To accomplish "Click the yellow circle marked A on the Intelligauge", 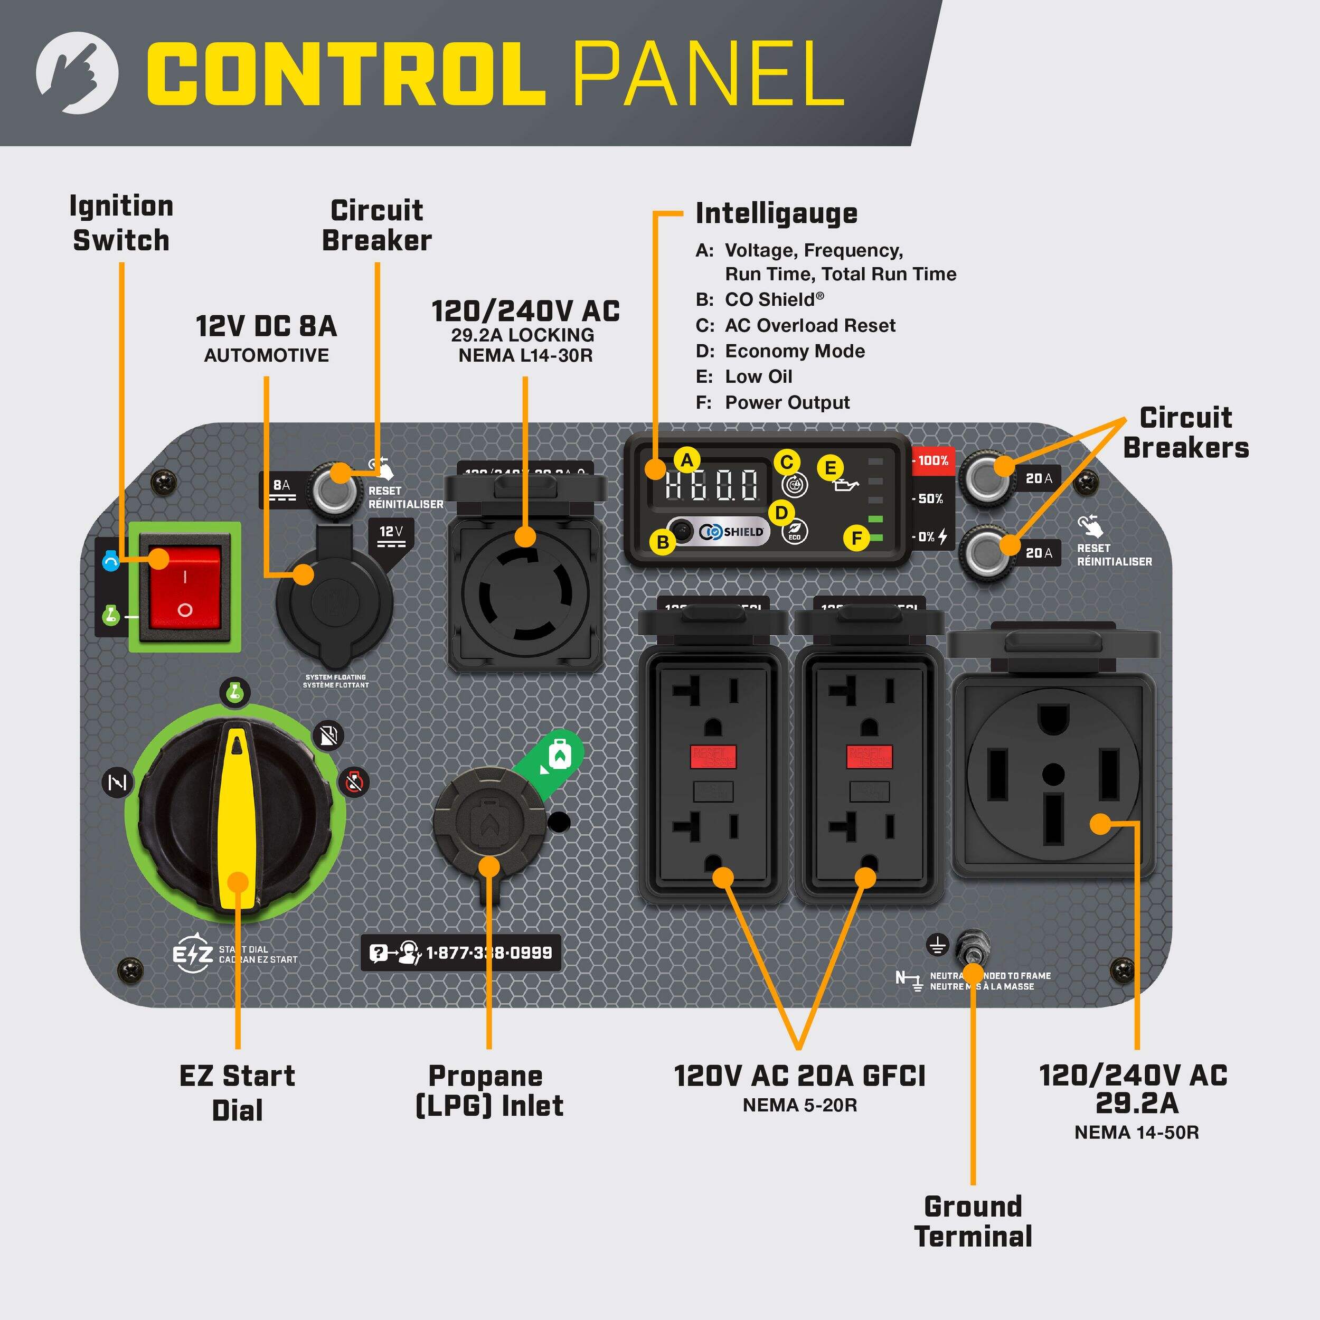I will point(686,460).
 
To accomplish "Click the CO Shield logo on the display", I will point(732,532).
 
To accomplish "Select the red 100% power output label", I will point(932,460).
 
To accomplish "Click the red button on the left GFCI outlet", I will point(713,756).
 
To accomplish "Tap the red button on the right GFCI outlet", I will point(869,756).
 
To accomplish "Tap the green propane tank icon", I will point(560,755).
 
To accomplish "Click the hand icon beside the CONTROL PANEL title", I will point(77,72).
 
